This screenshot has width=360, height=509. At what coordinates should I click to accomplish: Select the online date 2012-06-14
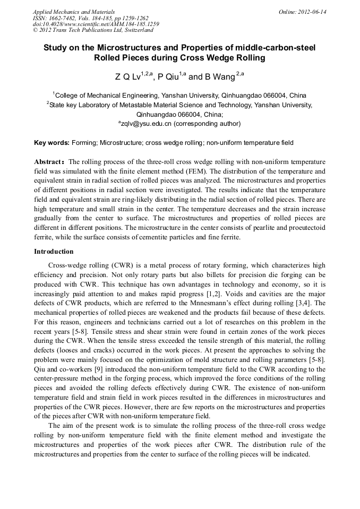(313, 11)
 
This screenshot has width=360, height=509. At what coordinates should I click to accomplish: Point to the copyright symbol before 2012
(35, 30)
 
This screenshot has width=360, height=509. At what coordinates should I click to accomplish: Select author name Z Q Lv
(127, 77)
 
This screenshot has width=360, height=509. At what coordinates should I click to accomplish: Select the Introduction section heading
(54, 251)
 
